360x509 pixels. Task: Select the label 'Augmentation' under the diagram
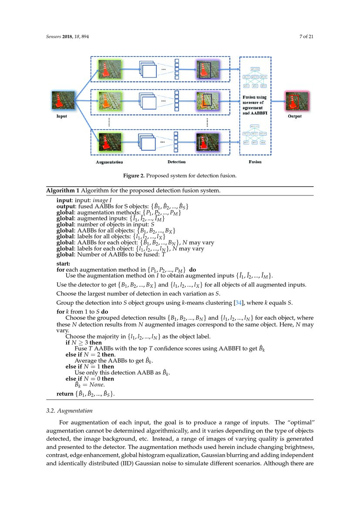point(109,162)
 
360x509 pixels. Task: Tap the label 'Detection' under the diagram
point(176,162)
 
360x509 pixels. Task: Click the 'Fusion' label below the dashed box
point(255,162)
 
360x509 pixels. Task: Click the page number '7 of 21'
point(306,37)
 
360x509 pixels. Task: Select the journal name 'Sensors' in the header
point(55,37)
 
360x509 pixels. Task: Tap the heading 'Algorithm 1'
point(63,191)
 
